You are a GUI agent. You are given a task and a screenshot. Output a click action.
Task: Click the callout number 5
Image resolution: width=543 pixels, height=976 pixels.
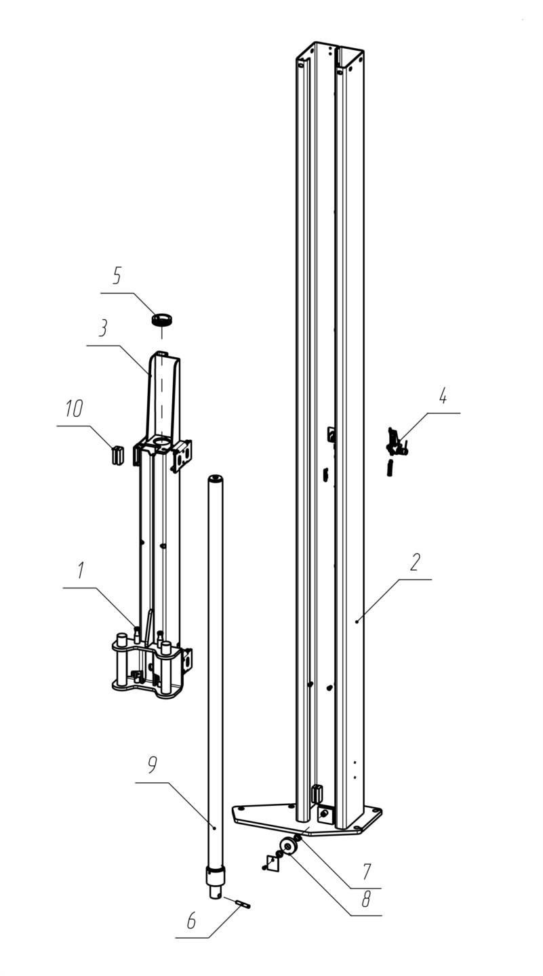coord(117,276)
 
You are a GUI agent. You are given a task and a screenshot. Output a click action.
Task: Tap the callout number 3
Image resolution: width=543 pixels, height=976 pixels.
coord(103,328)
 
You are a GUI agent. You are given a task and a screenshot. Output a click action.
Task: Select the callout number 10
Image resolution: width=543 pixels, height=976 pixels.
coord(74,409)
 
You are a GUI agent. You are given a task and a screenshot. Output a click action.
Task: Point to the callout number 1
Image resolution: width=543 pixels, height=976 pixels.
coord(81,571)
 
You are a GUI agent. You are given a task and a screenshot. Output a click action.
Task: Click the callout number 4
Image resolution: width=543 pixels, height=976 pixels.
coord(442,396)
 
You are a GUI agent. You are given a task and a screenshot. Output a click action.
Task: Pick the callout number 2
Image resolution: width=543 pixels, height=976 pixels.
coord(415,562)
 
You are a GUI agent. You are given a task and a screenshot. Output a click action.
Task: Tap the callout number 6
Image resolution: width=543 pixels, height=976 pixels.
coord(191,920)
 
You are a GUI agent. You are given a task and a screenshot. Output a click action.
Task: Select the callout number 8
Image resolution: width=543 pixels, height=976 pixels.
coord(365,899)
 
